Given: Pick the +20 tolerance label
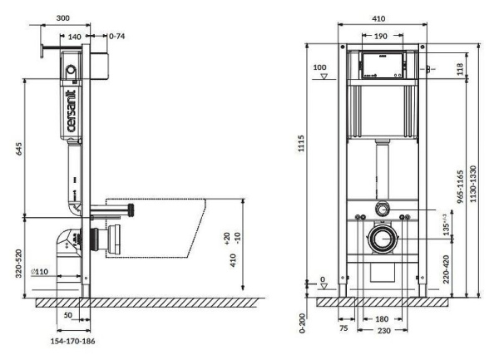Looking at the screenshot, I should (x=226, y=237).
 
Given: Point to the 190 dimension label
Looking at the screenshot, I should (x=378, y=36).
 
